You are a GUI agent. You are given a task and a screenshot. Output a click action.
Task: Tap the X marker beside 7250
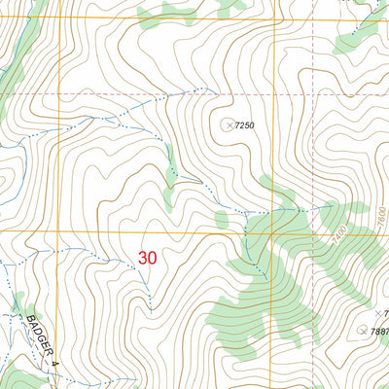pyautogui.click(x=230, y=124)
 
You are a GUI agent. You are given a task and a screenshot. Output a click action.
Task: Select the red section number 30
pyautogui.click(x=147, y=259)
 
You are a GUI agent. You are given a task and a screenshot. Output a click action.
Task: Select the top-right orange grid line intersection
pyautogui.click(x=275, y=18)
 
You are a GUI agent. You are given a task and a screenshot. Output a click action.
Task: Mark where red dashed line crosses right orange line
pyautogui.click(x=275, y=93)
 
